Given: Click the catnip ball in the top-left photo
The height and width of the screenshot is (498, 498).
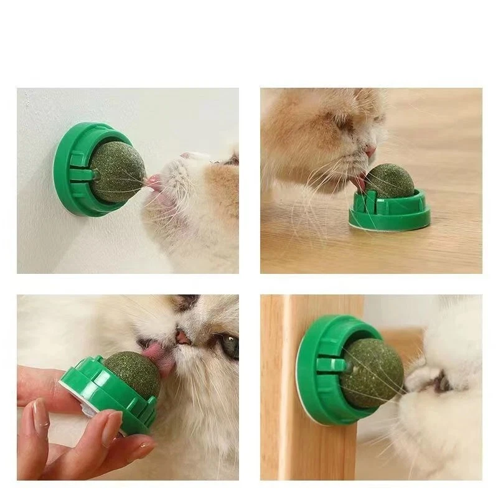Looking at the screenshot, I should coord(118,172).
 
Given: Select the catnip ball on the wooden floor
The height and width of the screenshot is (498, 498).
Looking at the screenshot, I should coord(389,181).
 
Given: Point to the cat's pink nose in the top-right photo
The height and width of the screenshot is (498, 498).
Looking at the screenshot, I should coord(370,151).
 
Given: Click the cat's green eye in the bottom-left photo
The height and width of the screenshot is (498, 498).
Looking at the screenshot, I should coord(228,345).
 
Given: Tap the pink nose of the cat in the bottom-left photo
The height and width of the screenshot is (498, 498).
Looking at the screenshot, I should coord(182,337).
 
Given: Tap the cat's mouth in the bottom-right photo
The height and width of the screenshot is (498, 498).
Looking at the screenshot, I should coord(430,383).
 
